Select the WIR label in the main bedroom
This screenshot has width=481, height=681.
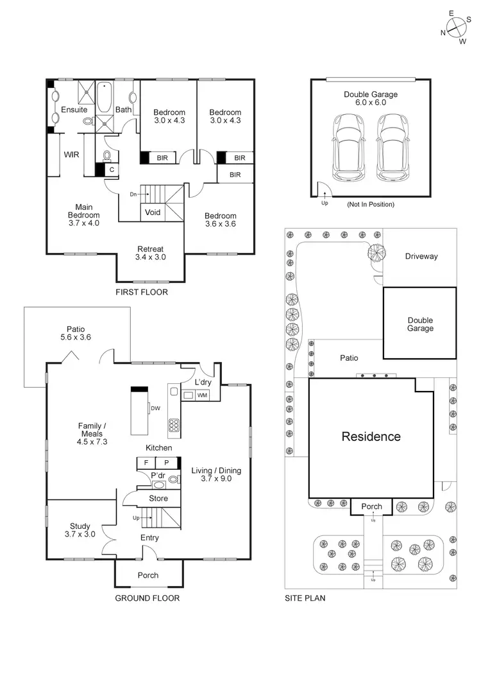[x=71, y=155]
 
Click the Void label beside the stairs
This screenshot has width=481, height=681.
[x=153, y=212]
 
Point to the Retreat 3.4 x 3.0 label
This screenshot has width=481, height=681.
[x=151, y=253]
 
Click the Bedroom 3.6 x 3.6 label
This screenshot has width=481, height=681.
[x=221, y=220]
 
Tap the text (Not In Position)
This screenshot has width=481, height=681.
[x=370, y=204]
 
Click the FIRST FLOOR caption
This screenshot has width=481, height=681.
[x=142, y=292]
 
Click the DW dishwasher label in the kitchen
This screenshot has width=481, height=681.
[x=155, y=408]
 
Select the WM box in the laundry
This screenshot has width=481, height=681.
[x=202, y=395]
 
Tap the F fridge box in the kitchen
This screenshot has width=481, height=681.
[x=146, y=462]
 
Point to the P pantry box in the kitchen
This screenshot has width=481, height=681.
[x=166, y=462]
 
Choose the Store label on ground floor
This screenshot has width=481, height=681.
[x=158, y=498]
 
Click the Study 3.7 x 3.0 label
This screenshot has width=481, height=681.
[x=80, y=530]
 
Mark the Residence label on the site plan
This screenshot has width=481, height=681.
[x=371, y=436]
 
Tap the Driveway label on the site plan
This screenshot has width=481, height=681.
[x=421, y=256]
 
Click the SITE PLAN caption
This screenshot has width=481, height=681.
[x=305, y=598]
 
